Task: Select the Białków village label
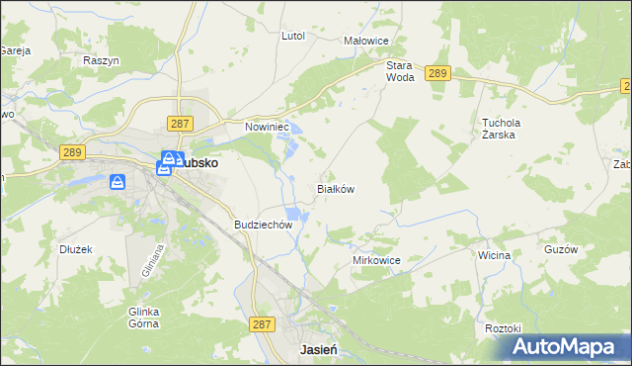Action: (335, 188)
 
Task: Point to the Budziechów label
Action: (264, 225)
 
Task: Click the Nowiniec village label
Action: (266, 127)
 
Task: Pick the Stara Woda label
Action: (399, 70)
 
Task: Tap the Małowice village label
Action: (363, 41)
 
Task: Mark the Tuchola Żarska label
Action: (500, 129)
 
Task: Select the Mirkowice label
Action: (376, 259)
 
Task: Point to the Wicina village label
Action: (494, 255)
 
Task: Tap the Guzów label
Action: (560, 250)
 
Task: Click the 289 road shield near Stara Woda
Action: (438, 72)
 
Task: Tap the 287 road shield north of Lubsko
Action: (179, 123)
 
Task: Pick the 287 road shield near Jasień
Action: (262, 323)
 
